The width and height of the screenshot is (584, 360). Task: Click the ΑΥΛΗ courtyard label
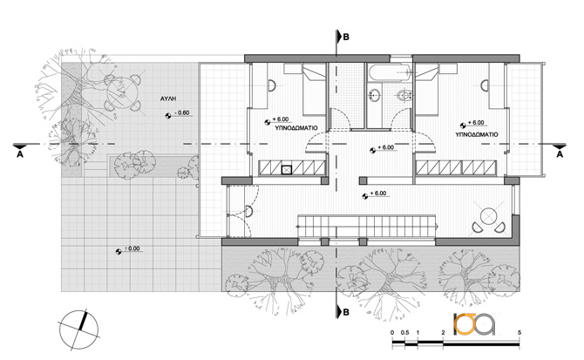[168, 98]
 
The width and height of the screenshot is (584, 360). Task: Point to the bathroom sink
[374, 95]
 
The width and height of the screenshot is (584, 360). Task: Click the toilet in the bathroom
[403, 96]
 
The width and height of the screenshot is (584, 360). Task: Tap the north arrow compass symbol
[79, 329]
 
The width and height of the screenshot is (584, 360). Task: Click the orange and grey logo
[474, 324]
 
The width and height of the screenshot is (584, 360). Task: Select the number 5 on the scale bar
[519, 333]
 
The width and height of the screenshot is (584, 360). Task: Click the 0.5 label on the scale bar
[404, 333]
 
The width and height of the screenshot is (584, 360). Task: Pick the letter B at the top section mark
[346, 37]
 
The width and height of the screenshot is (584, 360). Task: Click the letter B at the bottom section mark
[346, 312]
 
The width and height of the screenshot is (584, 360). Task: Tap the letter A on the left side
[20, 154]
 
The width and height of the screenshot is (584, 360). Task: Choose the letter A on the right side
[560, 154]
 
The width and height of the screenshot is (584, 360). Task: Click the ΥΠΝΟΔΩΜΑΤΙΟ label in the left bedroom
[296, 128]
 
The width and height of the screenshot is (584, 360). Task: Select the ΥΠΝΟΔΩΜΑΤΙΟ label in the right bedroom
[477, 134]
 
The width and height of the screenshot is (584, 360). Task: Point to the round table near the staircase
[488, 216]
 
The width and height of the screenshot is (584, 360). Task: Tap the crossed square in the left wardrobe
[286, 170]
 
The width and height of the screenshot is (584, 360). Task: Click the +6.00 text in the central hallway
[385, 147]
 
